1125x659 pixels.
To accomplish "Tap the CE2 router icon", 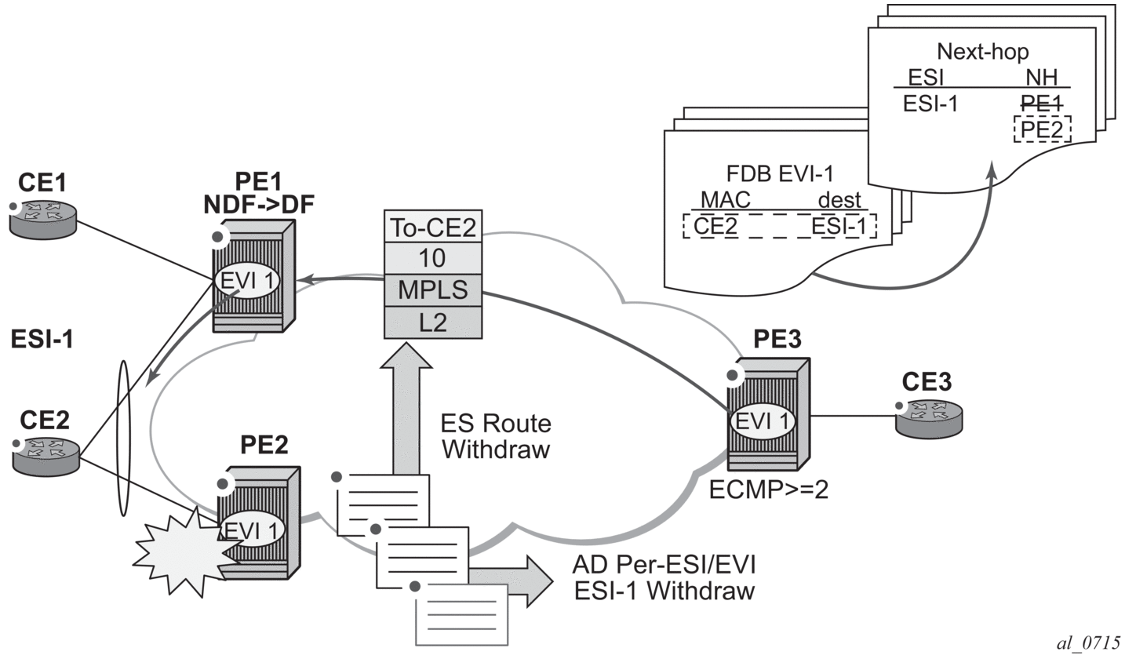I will click(46, 455).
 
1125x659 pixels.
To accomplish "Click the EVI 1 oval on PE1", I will click(246, 281).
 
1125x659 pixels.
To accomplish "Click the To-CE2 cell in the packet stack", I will click(432, 227).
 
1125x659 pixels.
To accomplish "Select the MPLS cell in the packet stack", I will click(432, 289).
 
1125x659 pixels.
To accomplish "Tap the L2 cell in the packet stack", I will click(432, 322).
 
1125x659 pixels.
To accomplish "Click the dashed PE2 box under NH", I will click(1042, 129).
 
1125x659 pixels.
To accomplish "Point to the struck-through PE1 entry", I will click(1041, 102).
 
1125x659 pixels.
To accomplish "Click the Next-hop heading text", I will click(983, 53).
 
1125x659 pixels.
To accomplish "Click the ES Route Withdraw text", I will click(497, 438).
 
